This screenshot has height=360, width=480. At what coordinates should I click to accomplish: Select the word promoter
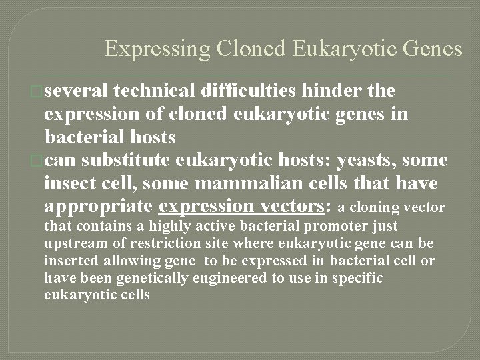(313, 227)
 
